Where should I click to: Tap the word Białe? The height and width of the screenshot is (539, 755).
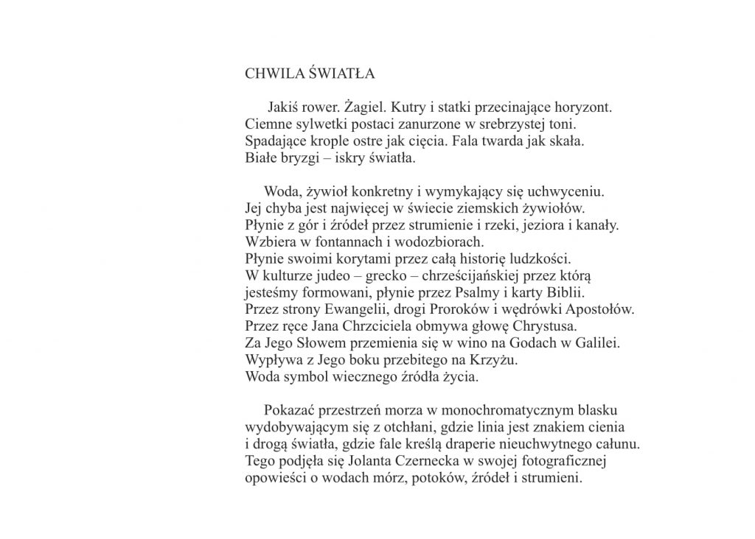click(262, 158)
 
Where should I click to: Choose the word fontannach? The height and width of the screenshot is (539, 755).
click(342, 241)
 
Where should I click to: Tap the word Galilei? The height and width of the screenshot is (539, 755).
click(598, 342)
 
